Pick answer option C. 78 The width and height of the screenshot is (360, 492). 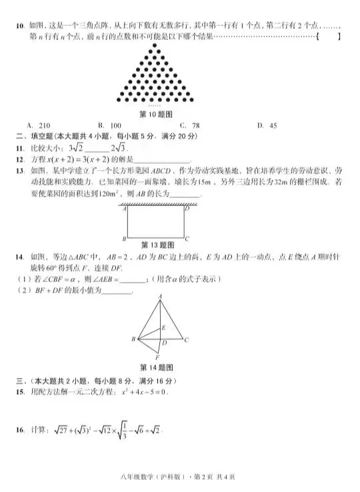pyautogui.click(x=189, y=125)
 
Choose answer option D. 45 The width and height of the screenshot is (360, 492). pyautogui.click(x=267, y=125)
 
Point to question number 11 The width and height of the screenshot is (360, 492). pyautogui.click(x=20, y=148)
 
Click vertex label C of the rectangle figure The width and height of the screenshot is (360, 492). pyautogui.click(x=187, y=239)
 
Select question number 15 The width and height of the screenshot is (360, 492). pyautogui.click(x=20, y=391)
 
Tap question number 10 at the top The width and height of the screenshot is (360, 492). pyautogui.click(x=20, y=27)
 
